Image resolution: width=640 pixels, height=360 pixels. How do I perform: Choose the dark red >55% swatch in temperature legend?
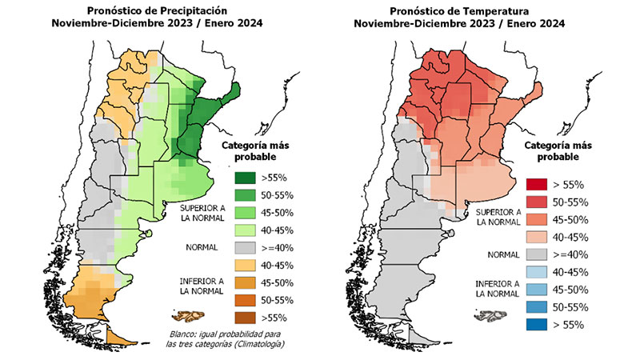[x=537, y=184]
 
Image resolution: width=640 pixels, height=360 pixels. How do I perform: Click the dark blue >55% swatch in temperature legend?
[x=537, y=325]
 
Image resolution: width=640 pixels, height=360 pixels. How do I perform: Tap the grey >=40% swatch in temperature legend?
[x=537, y=254]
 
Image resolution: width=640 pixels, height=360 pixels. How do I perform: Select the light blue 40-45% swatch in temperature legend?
[x=537, y=272]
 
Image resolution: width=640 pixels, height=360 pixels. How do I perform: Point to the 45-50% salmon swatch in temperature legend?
[x=537, y=219]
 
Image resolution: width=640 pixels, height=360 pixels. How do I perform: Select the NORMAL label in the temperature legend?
[x=494, y=254]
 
